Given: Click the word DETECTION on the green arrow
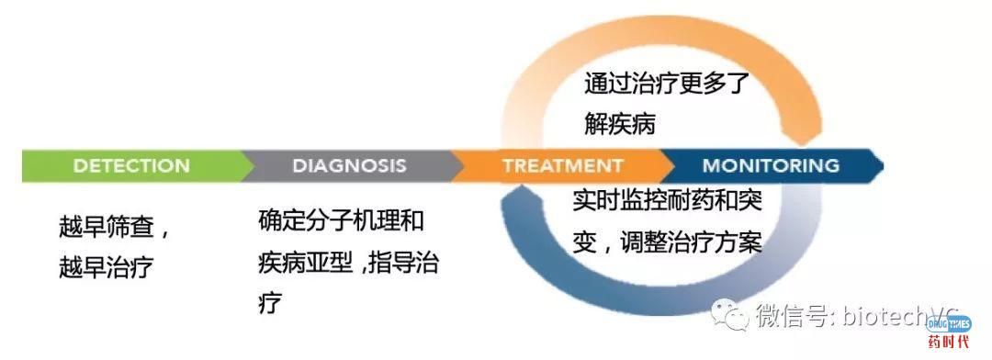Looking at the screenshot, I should pyautogui.click(x=131, y=166).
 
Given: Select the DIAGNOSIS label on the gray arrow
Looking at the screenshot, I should pyautogui.click(x=349, y=166).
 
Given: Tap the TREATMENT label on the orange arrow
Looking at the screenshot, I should pyautogui.click(x=562, y=166).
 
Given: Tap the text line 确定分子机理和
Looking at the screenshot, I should pyautogui.click(x=342, y=222).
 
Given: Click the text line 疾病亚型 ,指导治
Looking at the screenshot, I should pyautogui.click(x=349, y=264).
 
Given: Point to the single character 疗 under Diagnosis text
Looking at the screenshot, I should pyautogui.click(x=269, y=302).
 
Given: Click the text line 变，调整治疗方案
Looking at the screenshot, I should pyautogui.click(x=668, y=242).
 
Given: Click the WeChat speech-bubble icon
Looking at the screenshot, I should pyautogui.click(x=734, y=316).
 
